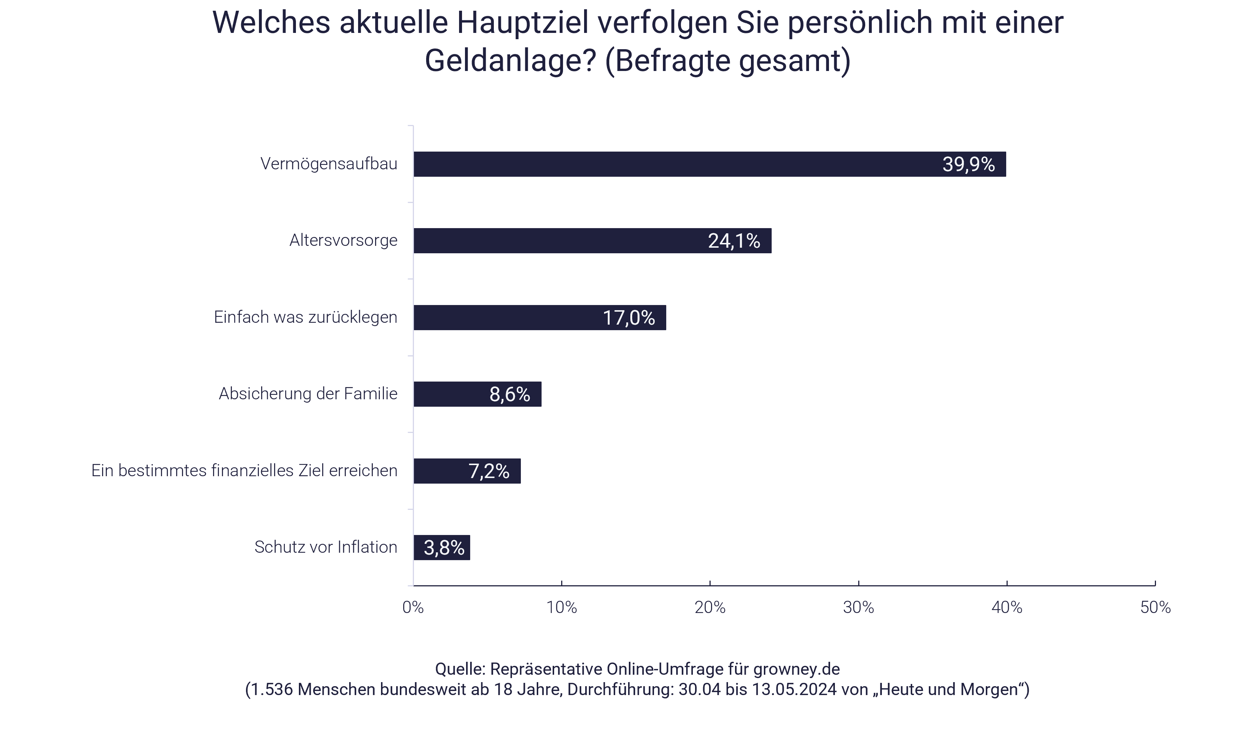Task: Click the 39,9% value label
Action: [x=968, y=164]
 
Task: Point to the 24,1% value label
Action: [x=734, y=241]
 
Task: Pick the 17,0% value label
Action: [x=628, y=318]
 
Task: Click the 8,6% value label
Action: [x=509, y=394]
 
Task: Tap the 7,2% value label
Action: [x=489, y=471]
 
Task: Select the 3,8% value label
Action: [x=444, y=548]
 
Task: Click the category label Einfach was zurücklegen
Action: [x=305, y=317]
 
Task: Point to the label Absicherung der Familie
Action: [x=308, y=394]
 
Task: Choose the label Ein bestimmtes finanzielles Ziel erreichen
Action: [x=244, y=471]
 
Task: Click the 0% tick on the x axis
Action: [x=413, y=607]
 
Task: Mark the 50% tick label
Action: [x=1155, y=607]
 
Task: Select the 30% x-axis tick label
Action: [x=858, y=607]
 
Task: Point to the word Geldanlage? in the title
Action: [x=510, y=61]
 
